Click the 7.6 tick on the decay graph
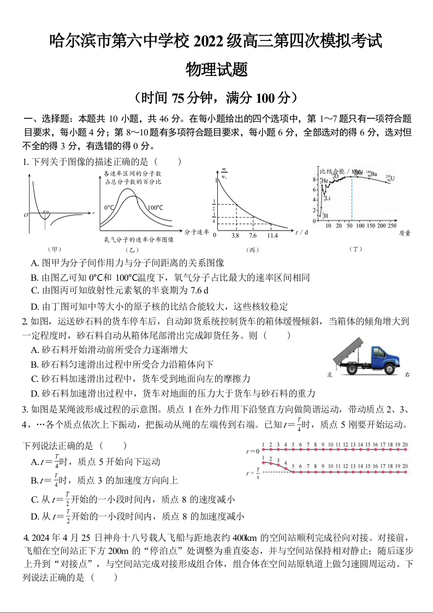coord(253,235)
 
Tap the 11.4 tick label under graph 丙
coord(272,235)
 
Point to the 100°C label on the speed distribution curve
coord(155,208)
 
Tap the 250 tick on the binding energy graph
coord(392,226)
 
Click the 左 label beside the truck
coord(329,375)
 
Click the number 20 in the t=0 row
coord(405,445)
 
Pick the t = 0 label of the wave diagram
coord(253,451)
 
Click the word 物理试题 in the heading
coord(217,69)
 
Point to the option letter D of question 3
coord(34,516)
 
